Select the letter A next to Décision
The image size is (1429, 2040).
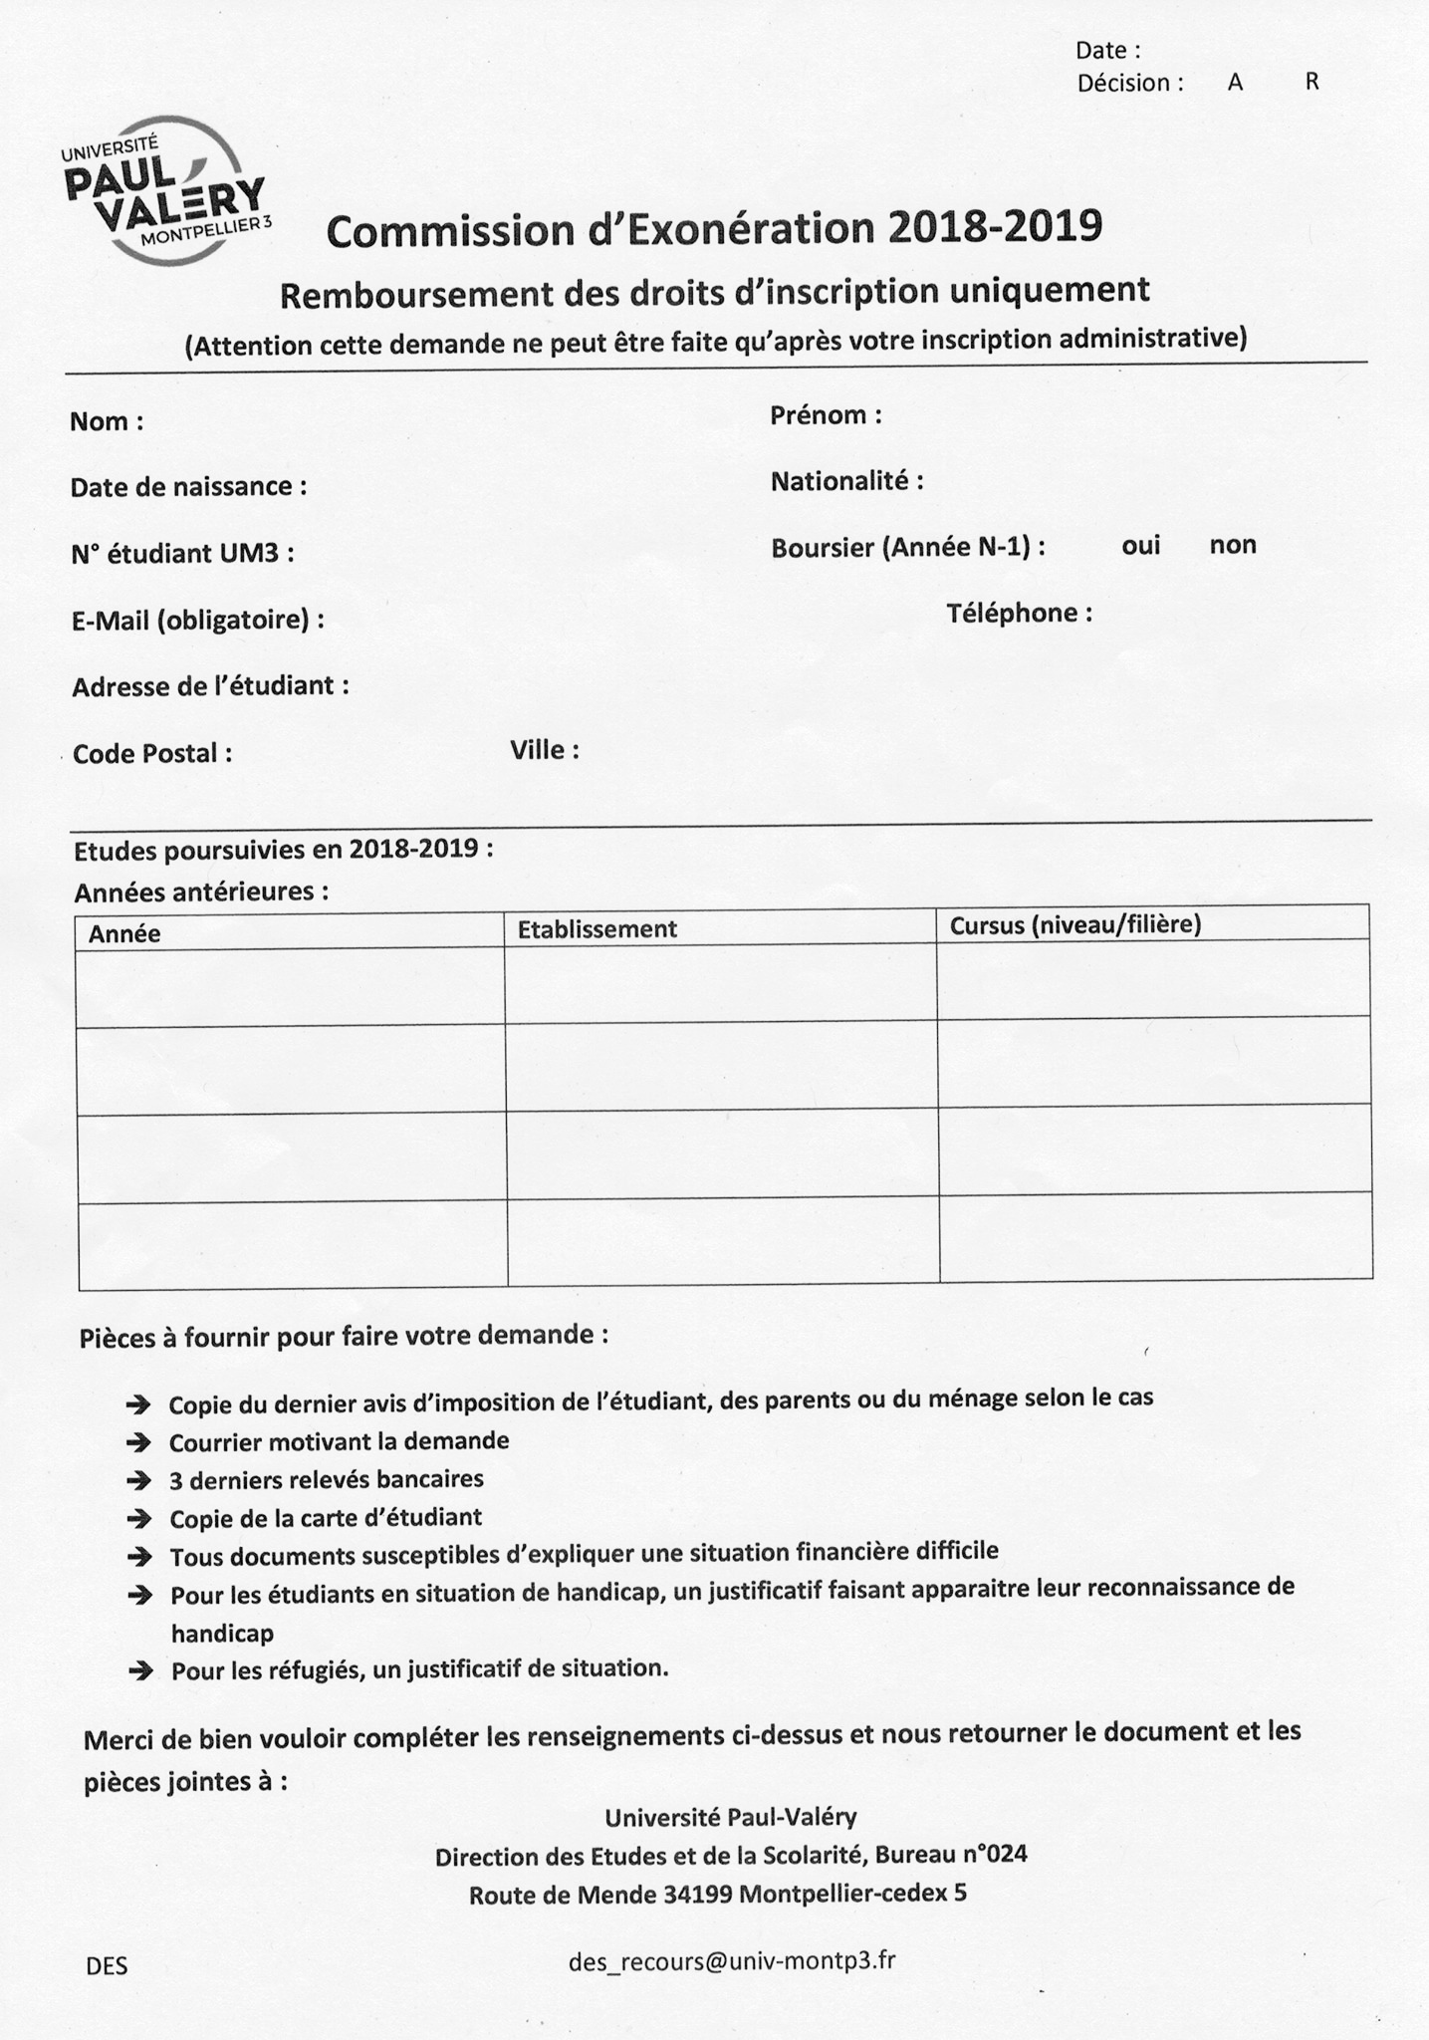tap(1235, 84)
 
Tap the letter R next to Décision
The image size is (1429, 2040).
tap(1312, 83)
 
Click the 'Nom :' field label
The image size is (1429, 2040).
tap(107, 421)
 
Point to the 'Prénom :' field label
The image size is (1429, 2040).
tap(826, 415)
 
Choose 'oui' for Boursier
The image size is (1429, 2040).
tap(1140, 546)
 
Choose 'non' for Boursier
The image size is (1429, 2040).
tap(1233, 545)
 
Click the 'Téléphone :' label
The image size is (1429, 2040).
tap(1019, 613)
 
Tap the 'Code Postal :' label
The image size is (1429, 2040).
tap(152, 753)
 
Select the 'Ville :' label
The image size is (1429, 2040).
tap(545, 750)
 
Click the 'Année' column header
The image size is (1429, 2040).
tap(124, 934)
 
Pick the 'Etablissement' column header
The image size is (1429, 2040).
tap(596, 929)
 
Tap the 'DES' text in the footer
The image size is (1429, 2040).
tap(107, 1966)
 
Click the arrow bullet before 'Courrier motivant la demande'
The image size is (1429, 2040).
tap(138, 1442)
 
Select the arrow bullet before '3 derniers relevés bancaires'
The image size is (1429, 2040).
tap(138, 1481)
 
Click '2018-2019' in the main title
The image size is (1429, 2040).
tap(996, 227)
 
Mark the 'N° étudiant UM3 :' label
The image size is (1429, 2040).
tap(182, 554)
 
